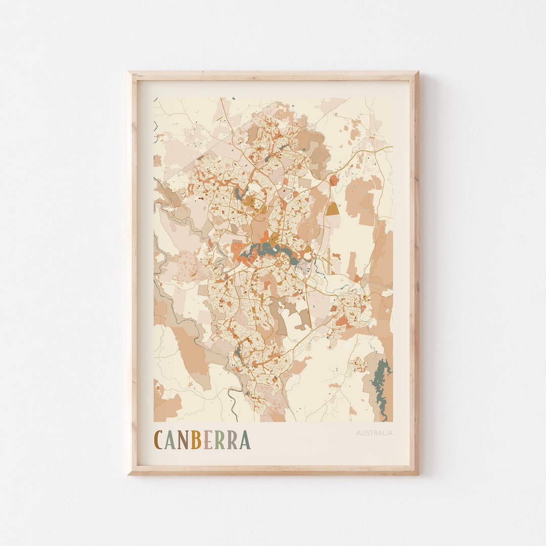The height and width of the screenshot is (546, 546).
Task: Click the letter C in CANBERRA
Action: pos(159,440)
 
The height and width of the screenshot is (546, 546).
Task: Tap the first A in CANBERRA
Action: pos(170,440)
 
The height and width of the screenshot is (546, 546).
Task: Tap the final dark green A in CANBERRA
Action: pos(245,440)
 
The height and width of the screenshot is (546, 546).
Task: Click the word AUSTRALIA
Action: pos(374,433)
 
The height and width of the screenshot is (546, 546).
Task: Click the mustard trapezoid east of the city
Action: pos(333,209)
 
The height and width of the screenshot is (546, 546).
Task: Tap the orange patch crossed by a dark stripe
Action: pos(333,180)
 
